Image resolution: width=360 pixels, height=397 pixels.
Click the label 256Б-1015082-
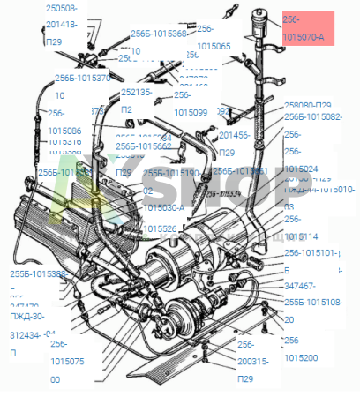click(x=312, y=116)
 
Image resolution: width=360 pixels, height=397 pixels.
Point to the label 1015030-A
click(x=164, y=208)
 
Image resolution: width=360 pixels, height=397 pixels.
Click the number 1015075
click(x=68, y=361)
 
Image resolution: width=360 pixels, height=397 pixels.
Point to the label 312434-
click(x=27, y=334)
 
